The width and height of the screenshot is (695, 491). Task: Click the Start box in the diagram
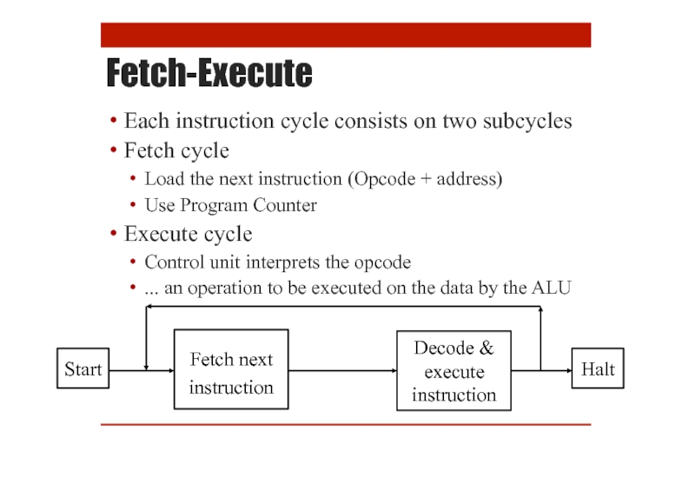click(x=83, y=369)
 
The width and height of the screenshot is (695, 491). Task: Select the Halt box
click(x=598, y=369)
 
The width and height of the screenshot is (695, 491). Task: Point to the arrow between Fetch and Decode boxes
click(x=342, y=370)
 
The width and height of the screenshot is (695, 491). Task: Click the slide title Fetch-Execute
click(x=208, y=74)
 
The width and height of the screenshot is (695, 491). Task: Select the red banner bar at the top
click(x=346, y=35)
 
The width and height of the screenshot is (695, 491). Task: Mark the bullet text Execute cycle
click(x=188, y=234)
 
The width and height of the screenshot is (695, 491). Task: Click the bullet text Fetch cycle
click(x=176, y=150)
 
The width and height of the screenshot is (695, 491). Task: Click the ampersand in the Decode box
click(x=486, y=348)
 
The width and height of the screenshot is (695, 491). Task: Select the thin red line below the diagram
click(x=346, y=424)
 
